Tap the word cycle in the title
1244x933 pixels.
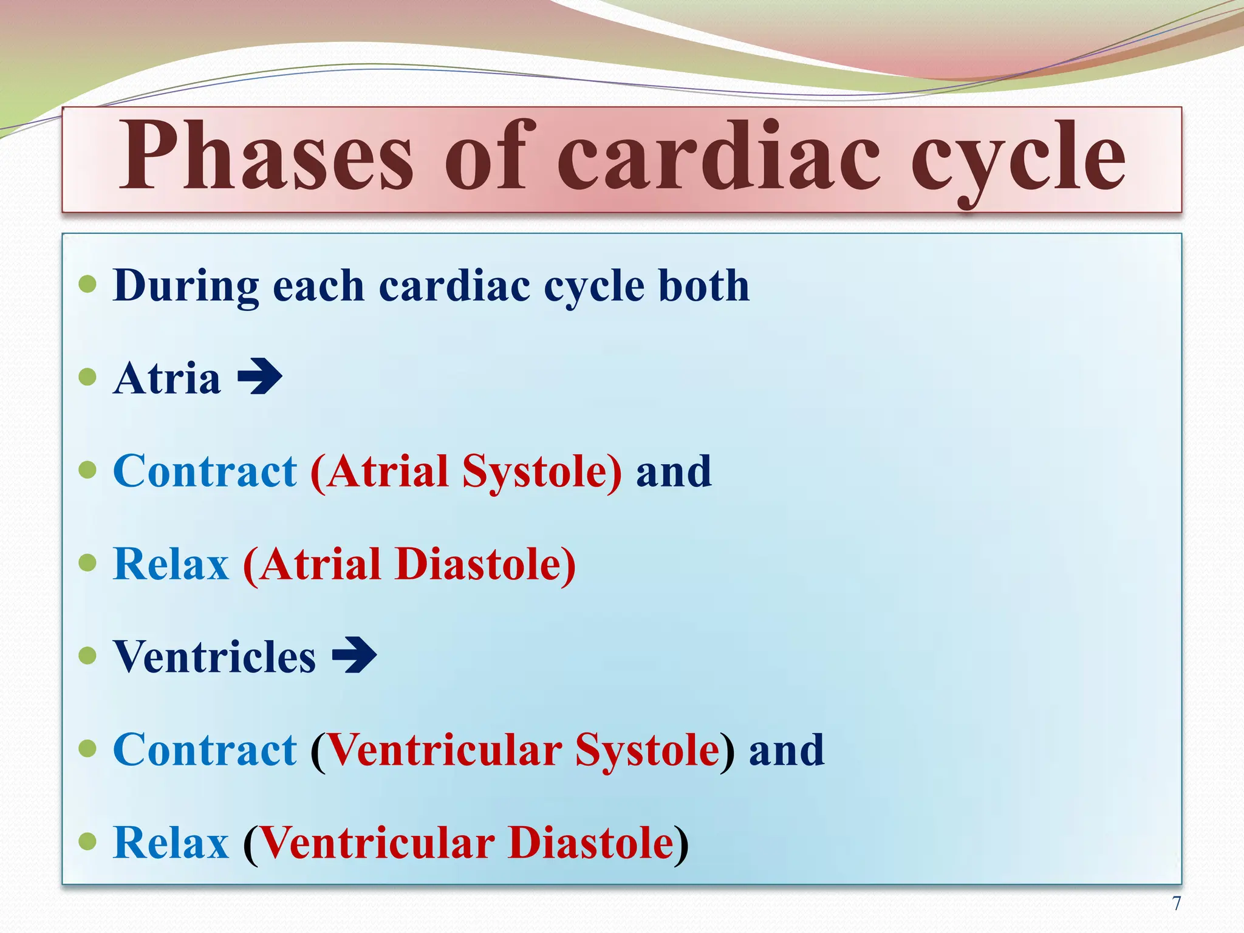coord(1018,159)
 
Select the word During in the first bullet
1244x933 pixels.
coord(186,285)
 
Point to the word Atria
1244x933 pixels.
coord(167,378)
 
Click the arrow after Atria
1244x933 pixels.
coord(260,377)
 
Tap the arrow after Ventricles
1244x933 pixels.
coord(355,655)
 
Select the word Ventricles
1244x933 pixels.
coord(214,657)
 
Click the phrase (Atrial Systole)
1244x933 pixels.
coord(466,472)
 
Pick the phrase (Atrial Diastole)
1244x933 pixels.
coord(409,565)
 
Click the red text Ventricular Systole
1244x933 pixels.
coord(523,751)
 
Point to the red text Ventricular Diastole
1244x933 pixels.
coord(466,843)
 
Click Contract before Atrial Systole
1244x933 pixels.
coord(205,471)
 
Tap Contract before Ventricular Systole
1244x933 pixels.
coord(205,750)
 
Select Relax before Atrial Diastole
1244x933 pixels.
coord(171,564)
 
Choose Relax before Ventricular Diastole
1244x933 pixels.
coord(171,843)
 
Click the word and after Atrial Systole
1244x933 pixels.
coord(674,472)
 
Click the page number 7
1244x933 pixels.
coord(1177,904)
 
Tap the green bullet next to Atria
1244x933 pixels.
coord(88,377)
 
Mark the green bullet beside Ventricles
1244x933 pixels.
coord(88,655)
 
